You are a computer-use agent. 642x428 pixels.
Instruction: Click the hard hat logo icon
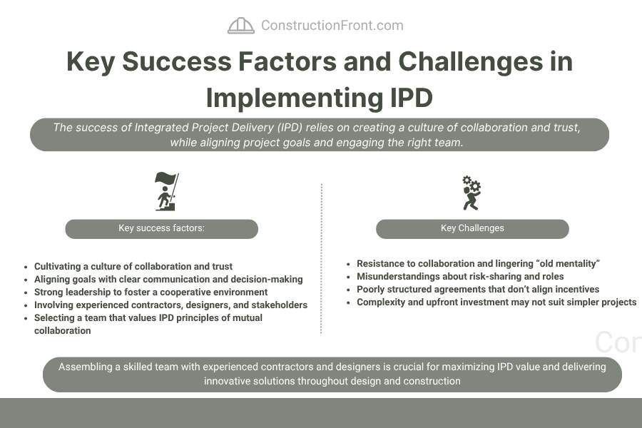coord(241,26)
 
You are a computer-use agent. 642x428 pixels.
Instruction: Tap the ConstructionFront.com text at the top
coord(332,26)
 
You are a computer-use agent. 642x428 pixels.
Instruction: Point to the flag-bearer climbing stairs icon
coord(167,191)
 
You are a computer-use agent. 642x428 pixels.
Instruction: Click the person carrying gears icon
coord(472,193)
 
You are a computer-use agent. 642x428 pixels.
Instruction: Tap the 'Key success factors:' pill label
coord(162,228)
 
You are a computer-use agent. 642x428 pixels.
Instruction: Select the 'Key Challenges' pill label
coord(472,228)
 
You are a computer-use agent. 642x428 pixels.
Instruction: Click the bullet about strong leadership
coord(151,292)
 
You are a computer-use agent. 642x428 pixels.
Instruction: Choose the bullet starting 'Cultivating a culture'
coord(133,266)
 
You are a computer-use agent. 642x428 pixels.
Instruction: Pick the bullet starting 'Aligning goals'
coord(168,280)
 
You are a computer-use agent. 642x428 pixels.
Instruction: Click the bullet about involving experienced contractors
coord(170,305)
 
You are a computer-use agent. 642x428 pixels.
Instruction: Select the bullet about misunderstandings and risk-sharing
coord(460,277)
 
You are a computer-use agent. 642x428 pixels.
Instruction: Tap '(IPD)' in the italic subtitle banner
coord(290,128)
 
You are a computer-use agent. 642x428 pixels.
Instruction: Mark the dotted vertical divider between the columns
coord(322,259)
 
